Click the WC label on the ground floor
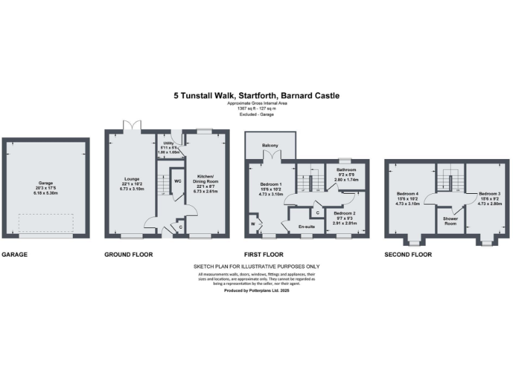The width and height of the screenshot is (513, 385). pyautogui.click(x=178, y=180)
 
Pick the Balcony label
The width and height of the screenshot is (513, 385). pyautogui.click(x=270, y=145)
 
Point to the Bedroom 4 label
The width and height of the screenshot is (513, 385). pyautogui.click(x=407, y=194)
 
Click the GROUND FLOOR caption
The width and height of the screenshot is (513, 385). pyautogui.click(x=128, y=255)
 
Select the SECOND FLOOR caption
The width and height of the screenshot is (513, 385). pyautogui.click(x=408, y=255)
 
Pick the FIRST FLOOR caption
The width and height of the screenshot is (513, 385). pyautogui.click(x=264, y=255)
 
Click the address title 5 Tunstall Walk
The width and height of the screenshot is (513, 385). pyautogui.click(x=256, y=96)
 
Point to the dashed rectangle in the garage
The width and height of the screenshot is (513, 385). pyautogui.click(x=45, y=223)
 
